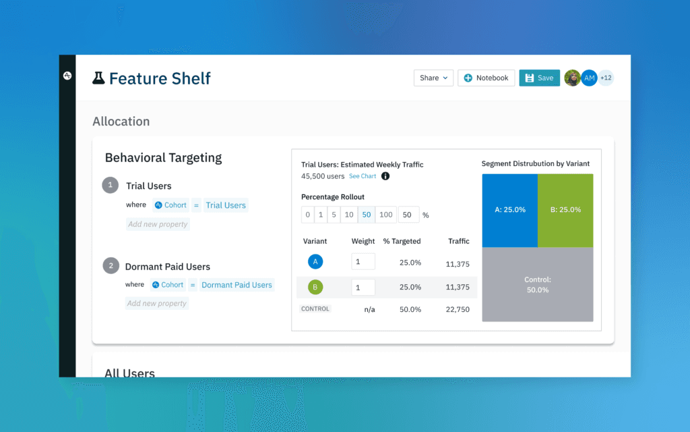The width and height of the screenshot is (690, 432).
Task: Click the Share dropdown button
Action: point(433,78)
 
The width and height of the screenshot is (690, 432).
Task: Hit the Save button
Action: point(539,78)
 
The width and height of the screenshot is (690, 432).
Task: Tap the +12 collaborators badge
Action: point(606,78)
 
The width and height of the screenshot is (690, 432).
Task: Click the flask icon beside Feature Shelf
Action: point(99,78)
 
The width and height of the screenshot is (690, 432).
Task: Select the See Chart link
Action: point(363,176)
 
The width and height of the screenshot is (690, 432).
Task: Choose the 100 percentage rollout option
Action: point(385,215)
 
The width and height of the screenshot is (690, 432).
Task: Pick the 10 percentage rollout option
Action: point(348,215)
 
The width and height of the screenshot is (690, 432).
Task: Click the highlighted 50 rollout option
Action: point(367,215)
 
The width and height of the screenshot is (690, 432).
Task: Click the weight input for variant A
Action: point(363,262)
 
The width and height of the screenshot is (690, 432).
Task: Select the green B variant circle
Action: point(315,287)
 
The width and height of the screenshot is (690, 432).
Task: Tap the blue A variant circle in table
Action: point(315,262)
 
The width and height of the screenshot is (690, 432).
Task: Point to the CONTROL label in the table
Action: point(315,309)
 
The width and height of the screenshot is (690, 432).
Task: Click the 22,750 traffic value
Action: point(458,310)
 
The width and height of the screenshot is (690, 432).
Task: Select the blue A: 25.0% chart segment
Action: point(509,210)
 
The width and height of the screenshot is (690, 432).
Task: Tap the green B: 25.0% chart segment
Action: point(565,210)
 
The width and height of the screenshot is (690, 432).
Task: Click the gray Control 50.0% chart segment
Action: point(537,284)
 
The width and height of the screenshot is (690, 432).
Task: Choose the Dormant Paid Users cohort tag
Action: point(237,285)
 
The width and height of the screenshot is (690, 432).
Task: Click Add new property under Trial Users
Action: point(158,224)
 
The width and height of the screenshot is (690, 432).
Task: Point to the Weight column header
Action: point(363,241)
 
